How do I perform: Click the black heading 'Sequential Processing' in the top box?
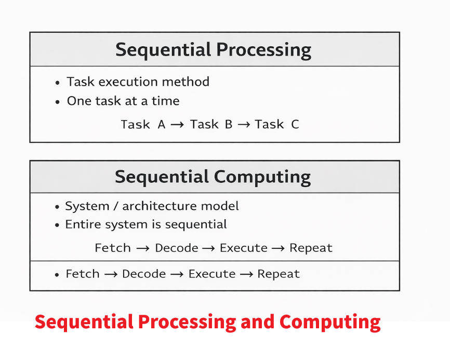click(213, 50)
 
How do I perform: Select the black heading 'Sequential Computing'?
click(213, 177)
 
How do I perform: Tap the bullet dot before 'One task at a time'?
click(57, 102)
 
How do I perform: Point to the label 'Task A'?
click(143, 125)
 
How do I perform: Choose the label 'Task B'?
click(211, 125)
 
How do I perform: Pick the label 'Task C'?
click(277, 125)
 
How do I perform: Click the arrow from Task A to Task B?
click(177, 125)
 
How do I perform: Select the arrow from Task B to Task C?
click(244, 125)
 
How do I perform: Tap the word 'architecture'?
click(160, 206)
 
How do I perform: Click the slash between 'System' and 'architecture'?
click(116, 206)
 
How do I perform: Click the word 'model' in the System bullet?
click(220, 206)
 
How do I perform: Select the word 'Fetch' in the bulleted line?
click(83, 274)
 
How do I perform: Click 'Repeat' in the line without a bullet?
click(311, 248)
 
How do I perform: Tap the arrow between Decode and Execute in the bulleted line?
click(177, 274)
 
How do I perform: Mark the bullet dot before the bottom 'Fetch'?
click(57, 275)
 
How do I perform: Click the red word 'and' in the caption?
click(257, 322)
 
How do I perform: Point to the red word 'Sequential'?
click(84, 323)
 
